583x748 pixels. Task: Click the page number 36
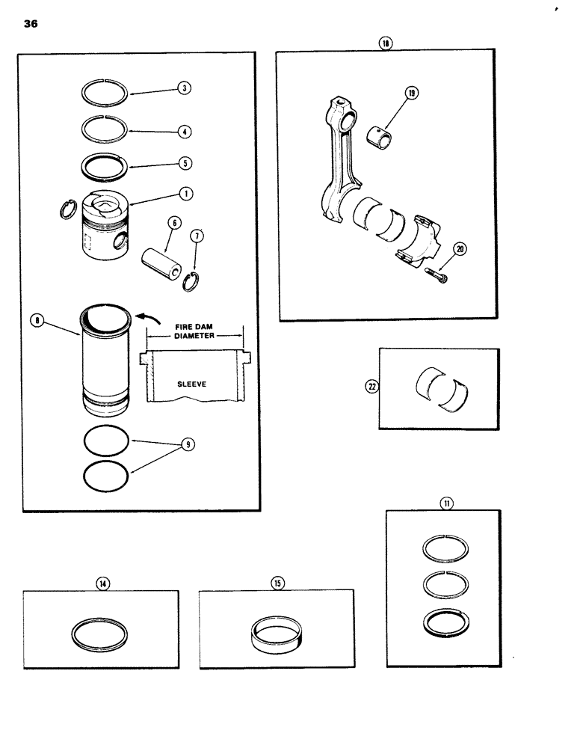pyautogui.click(x=31, y=23)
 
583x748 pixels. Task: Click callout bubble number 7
pyautogui.click(x=197, y=238)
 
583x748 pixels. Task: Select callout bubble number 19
pyautogui.click(x=412, y=93)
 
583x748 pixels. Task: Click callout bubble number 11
pyautogui.click(x=447, y=503)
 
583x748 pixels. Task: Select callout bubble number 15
pyautogui.click(x=278, y=583)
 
